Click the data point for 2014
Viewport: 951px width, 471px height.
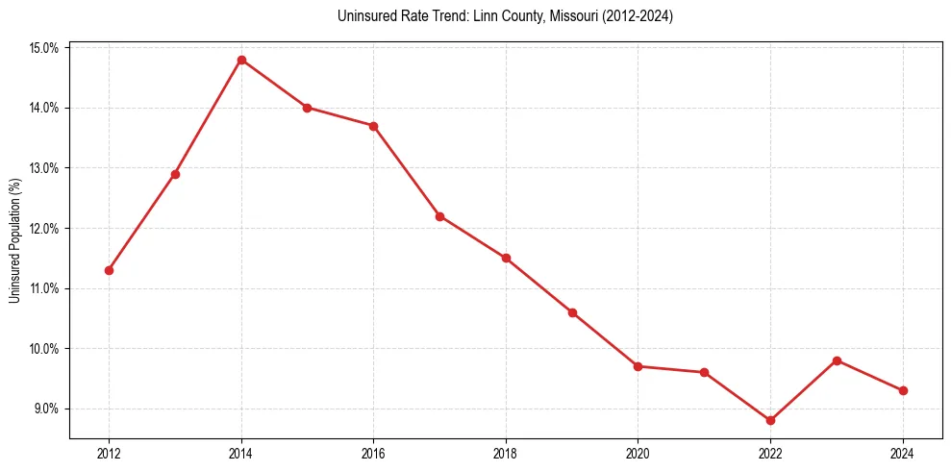241,60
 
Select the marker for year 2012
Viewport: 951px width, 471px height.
109,270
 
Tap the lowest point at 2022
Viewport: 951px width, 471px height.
770,420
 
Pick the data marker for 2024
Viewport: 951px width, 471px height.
903,390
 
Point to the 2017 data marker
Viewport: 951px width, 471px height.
439,216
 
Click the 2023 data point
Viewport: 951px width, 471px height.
837,360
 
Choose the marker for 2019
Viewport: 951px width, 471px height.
572,312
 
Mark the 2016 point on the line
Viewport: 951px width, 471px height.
373,126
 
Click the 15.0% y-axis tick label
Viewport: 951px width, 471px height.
44,48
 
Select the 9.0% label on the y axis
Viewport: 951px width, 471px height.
46,409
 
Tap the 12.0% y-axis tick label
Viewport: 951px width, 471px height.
44,229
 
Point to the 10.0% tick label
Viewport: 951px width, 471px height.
44,349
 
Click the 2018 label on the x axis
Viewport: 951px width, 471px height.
506,454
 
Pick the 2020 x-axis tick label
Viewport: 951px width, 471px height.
638,454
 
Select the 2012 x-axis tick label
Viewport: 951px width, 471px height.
109,454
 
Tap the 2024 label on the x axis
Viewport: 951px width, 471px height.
903,454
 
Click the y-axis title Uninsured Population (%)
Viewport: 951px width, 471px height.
14,240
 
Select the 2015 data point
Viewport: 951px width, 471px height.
307,108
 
